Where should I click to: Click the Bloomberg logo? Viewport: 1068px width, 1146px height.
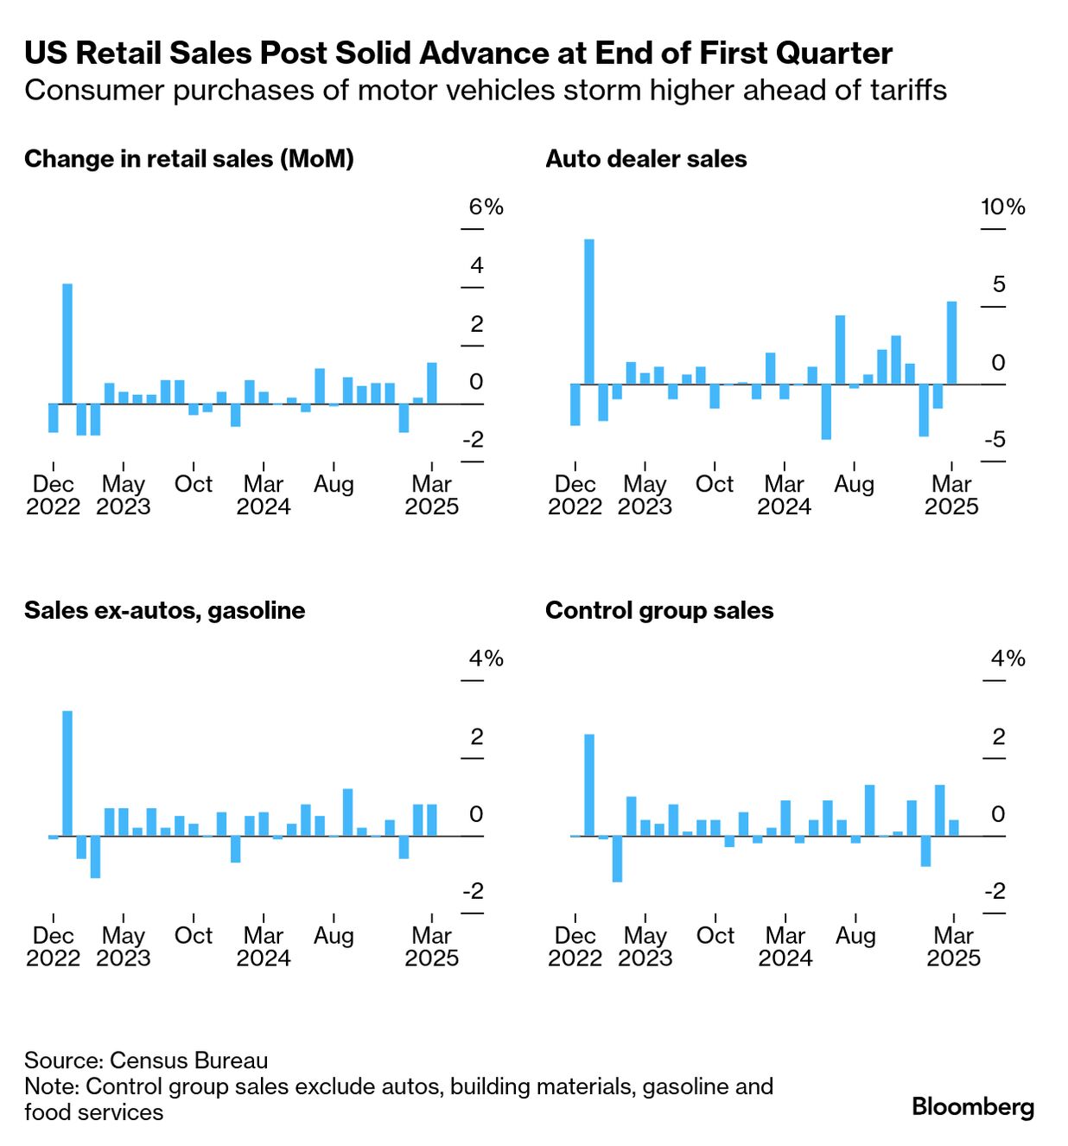[x=972, y=1106]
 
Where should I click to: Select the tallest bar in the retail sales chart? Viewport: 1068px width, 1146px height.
[x=67, y=343]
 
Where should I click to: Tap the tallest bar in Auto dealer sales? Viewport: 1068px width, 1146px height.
[x=589, y=311]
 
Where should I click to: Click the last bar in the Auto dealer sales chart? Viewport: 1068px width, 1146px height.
[x=951, y=342]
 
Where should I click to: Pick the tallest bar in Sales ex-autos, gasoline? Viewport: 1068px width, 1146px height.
[x=67, y=773]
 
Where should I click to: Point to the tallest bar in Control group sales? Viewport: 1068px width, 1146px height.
[x=589, y=785]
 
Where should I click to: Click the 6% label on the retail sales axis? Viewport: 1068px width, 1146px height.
[x=486, y=207]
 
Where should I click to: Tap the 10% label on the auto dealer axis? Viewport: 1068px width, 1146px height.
[x=1002, y=207]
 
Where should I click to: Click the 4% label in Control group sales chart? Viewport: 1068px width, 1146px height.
[x=1008, y=659]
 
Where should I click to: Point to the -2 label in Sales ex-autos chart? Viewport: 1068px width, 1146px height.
[x=473, y=892]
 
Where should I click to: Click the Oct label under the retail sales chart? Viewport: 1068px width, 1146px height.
[x=194, y=484]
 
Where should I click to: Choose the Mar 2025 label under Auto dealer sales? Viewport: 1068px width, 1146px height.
[x=951, y=495]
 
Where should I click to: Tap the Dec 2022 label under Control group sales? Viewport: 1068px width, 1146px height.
[x=575, y=946]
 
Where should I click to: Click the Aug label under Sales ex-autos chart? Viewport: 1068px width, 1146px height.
[x=334, y=935]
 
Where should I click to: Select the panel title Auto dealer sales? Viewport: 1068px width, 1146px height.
[x=645, y=159]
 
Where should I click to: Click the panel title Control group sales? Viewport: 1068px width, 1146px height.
[x=658, y=611]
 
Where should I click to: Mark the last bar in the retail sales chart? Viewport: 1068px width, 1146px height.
[x=432, y=383]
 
